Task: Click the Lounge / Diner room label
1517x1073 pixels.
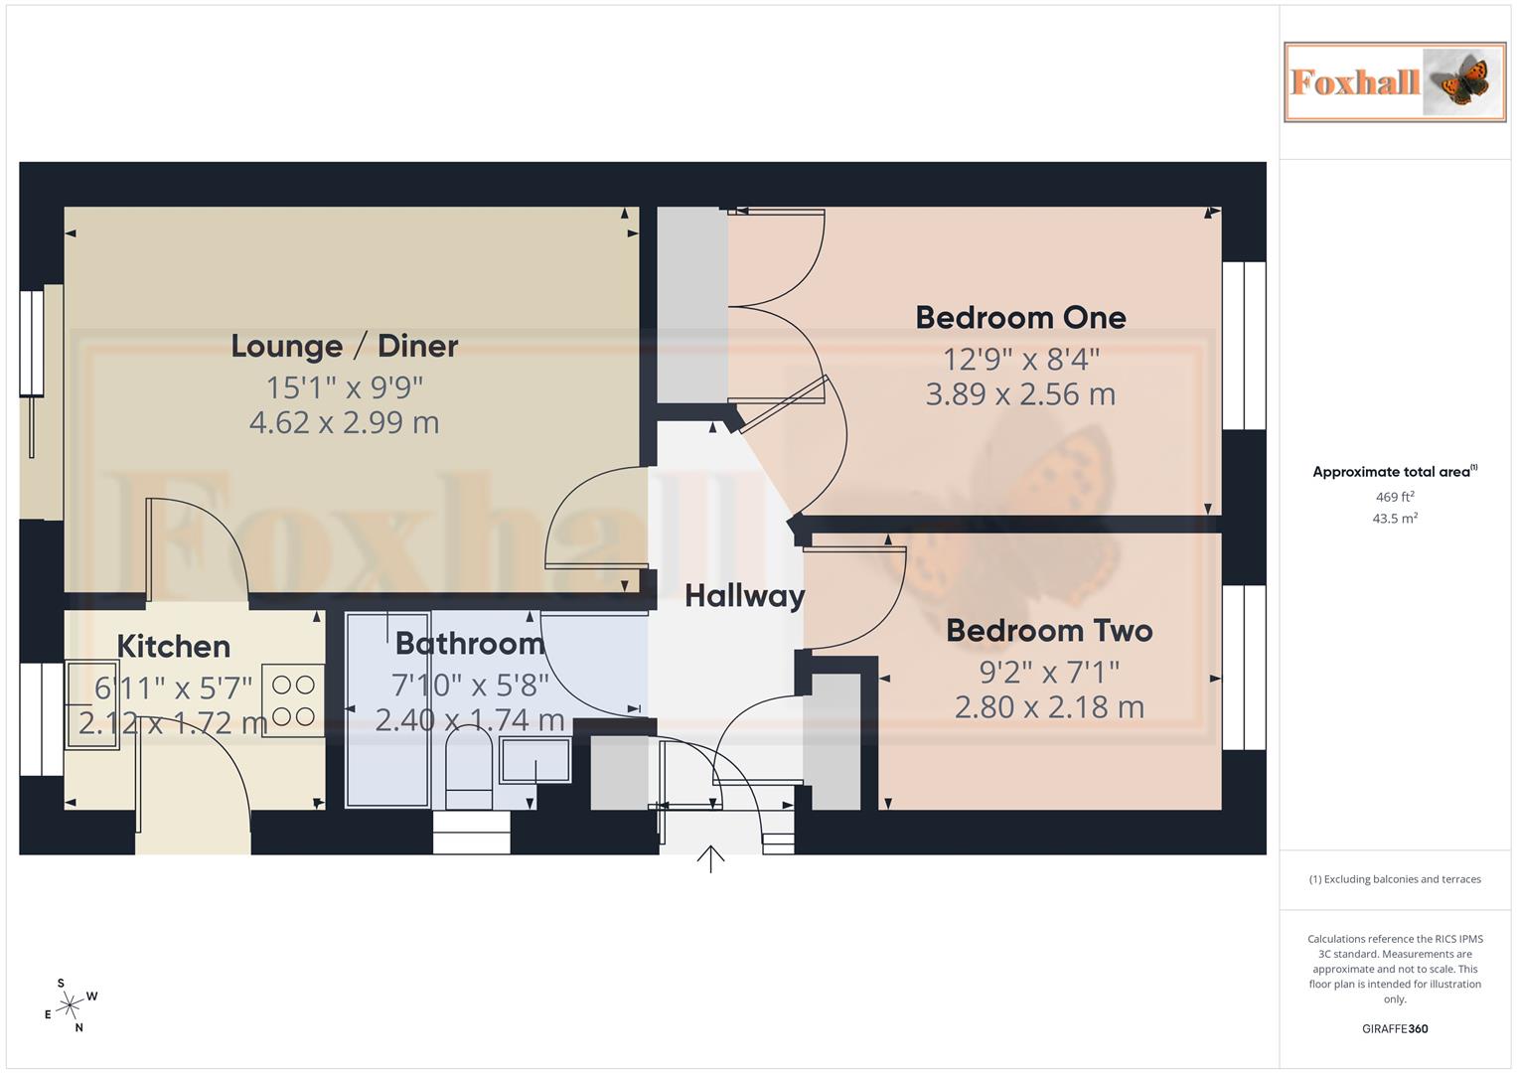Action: click(x=344, y=346)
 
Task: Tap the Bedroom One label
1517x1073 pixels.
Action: click(x=1020, y=318)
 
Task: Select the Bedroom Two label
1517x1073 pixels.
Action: click(x=1049, y=631)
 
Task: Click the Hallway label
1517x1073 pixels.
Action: click(x=744, y=596)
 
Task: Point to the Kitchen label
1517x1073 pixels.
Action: click(x=173, y=647)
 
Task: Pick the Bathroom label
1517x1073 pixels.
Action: click(x=470, y=644)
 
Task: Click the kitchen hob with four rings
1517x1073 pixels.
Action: click(x=293, y=700)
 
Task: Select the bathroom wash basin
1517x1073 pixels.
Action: click(x=534, y=761)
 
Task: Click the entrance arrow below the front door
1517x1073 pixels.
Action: click(x=710, y=858)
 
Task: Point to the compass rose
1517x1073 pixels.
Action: click(x=70, y=1005)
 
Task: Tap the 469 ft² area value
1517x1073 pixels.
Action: click(x=1394, y=497)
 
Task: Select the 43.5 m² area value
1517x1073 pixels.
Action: click(x=1394, y=519)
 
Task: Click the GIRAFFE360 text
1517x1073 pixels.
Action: click(x=1394, y=1028)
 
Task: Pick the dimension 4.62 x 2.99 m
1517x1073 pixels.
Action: click(x=344, y=423)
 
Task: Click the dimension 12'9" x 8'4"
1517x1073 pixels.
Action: click(x=1020, y=359)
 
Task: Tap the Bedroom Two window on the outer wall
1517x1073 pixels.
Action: click(x=1244, y=667)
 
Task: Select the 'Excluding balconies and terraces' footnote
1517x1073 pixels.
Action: click(x=1394, y=879)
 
